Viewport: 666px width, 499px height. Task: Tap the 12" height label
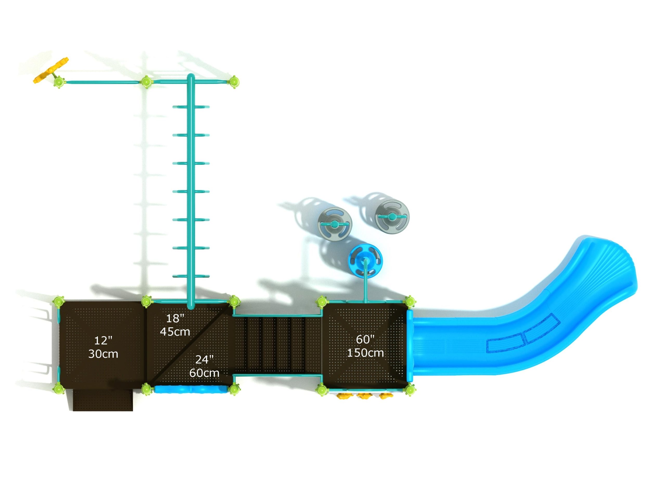click(103, 340)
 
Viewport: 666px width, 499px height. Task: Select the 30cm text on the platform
click(103, 354)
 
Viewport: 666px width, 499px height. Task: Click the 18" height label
click(175, 318)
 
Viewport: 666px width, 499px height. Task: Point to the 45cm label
click(175, 332)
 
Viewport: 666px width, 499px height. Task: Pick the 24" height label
click(204, 359)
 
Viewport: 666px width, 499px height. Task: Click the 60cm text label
click(204, 373)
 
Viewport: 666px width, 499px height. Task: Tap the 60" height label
click(365, 339)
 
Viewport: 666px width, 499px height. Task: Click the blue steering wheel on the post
click(365, 260)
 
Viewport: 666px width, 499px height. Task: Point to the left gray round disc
click(335, 224)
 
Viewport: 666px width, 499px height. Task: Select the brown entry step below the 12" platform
click(103, 400)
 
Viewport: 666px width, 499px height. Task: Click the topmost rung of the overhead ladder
click(191, 107)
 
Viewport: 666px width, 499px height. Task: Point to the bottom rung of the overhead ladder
click(191, 276)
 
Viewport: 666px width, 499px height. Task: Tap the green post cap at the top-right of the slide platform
click(410, 301)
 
